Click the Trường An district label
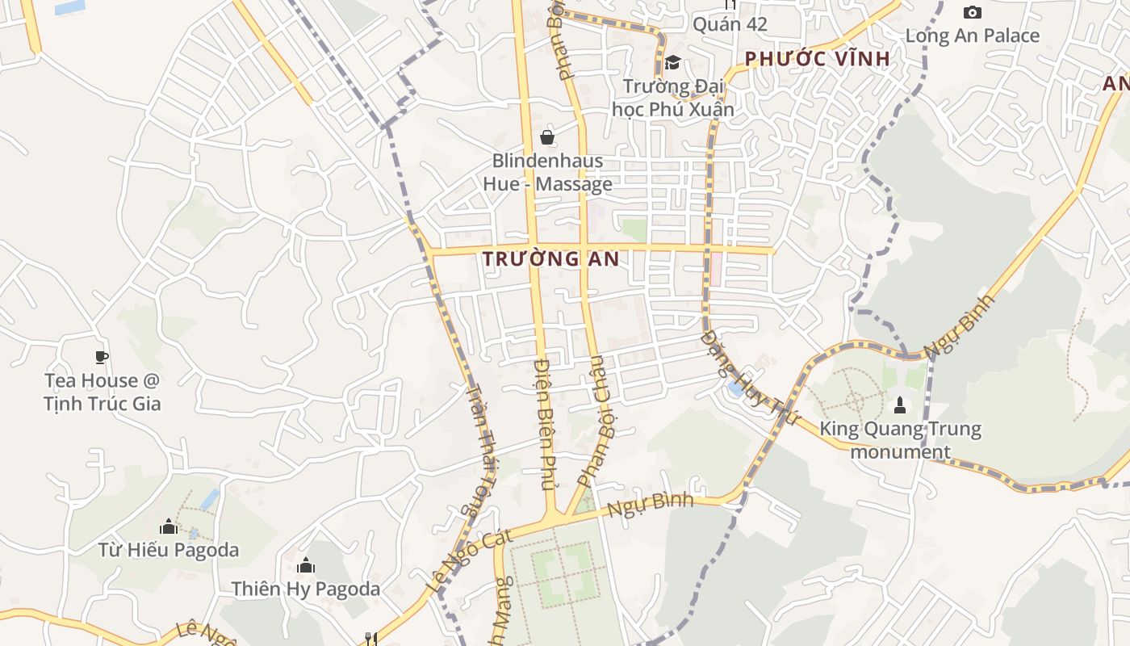(550, 259)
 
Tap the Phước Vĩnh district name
(817, 59)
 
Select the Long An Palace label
(972, 36)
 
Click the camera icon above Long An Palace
(973, 12)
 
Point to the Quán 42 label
(730, 24)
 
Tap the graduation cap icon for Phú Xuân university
(672, 63)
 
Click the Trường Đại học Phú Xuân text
(673, 97)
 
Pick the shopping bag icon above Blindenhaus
(547, 137)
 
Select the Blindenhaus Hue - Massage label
(547, 173)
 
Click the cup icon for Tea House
(102, 357)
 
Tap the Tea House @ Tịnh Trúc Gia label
(103, 392)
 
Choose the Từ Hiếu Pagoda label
(169, 551)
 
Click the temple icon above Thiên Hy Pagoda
(306, 565)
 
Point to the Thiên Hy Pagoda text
(306, 589)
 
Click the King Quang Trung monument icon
(900, 405)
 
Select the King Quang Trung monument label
(900, 440)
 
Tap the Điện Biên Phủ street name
(546, 424)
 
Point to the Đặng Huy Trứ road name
(749, 379)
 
